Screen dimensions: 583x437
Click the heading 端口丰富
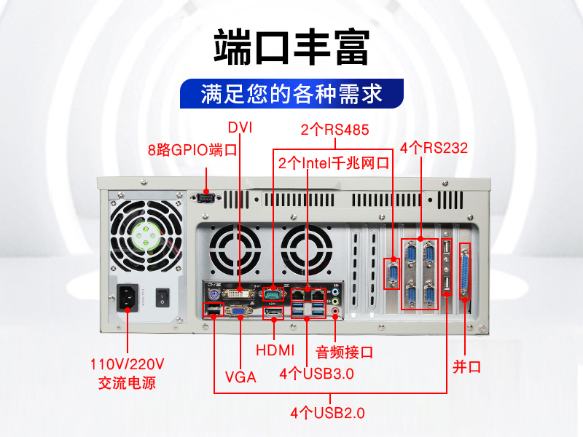[x=291, y=47]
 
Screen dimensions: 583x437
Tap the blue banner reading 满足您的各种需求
[x=292, y=93]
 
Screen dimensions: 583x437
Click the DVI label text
[x=240, y=127]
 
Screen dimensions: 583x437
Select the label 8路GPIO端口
[x=192, y=150]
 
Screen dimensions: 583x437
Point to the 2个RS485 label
[x=334, y=130]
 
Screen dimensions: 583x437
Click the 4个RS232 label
[x=434, y=148]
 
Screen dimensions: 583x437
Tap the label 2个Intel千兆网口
[x=334, y=163]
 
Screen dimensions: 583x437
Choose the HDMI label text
[x=275, y=350]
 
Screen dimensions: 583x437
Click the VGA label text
[x=240, y=377]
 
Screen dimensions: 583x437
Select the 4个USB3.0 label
[x=316, y=374]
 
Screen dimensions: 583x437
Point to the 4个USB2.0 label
[x=327, y=413]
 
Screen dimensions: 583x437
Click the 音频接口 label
[x=344, y=352]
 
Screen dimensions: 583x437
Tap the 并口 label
[x=466, y=367]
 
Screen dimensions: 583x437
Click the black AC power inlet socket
[x=128, y=298]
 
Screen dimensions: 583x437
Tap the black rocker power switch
[x=163, y=297]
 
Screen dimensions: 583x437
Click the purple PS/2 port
[x=214, y=296]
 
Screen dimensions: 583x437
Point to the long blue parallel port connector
[x=465, y=271]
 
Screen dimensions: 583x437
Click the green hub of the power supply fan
[x=146, y=235]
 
